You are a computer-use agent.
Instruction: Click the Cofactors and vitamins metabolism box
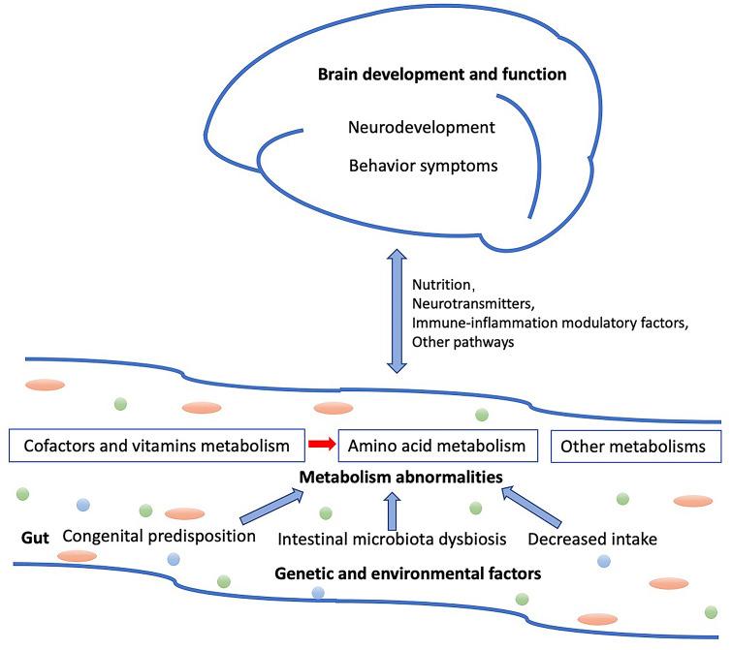click(x=151, y=447)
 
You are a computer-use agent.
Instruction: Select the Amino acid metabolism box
click(x=438, y=447)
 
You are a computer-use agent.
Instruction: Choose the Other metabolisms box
click(x=636, y=447)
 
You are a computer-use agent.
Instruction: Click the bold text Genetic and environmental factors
click(x=407, y=573)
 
